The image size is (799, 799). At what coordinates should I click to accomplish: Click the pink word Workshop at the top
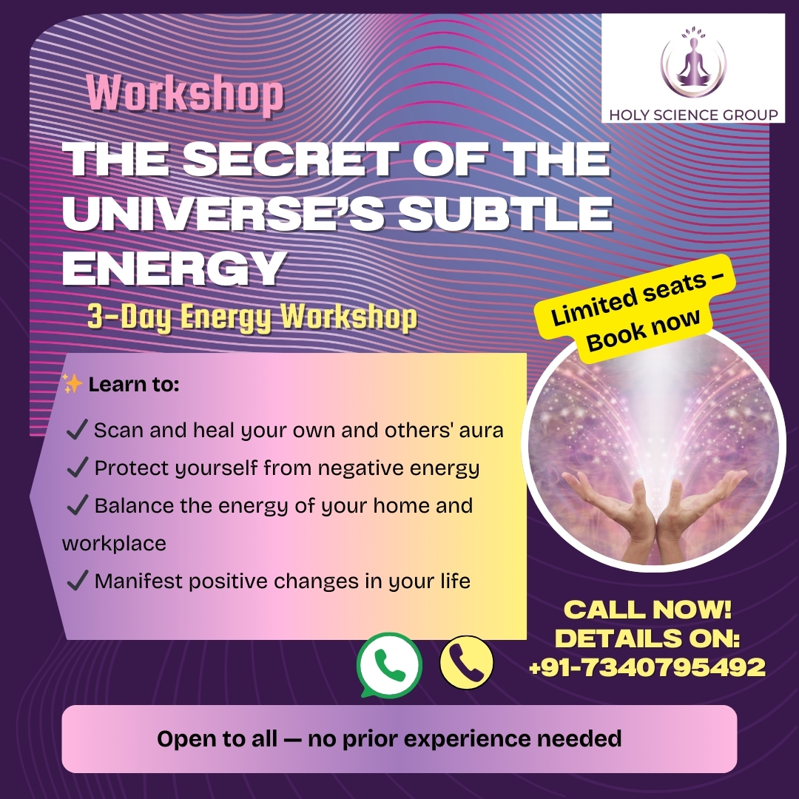coord(185,94)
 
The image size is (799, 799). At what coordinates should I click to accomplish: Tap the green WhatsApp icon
coord(389,665)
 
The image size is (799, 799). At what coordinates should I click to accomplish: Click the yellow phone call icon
coord(466,662)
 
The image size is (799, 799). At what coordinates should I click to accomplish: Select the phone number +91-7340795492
coord(647,667)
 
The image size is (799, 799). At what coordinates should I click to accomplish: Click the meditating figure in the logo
coord(693,64)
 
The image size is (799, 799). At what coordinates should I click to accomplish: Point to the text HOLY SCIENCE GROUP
coord(693,115)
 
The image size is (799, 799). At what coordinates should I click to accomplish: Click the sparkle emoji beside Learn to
coord(73,383)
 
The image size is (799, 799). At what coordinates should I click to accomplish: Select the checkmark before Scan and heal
coord(77,429)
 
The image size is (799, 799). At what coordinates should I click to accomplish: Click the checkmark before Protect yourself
coord(78,467)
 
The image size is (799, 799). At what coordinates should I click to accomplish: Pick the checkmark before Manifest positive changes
coord(78,580)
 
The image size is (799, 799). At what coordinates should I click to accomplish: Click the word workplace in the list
coord(114,544)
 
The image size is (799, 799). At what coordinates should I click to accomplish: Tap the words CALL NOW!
coord(647,610)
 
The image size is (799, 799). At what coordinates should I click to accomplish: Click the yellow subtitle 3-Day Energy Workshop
coord(252,317)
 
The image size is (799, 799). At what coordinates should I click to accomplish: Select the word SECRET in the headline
coord(290,158)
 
